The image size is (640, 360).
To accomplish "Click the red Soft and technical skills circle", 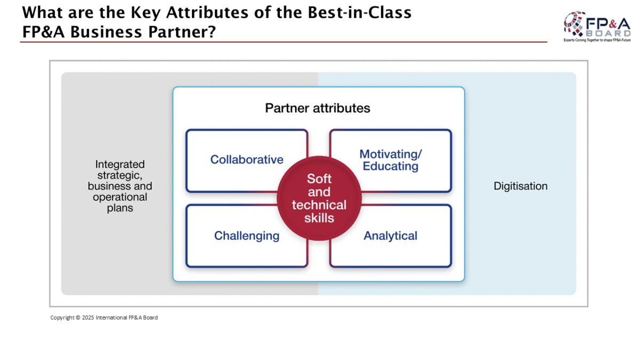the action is point(319,198).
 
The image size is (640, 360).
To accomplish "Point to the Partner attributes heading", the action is point(317,108).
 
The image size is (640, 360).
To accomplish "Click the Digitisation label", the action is point(521,186).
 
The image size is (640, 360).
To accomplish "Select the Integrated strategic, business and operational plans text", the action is point(119,186).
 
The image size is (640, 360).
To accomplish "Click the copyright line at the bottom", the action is point(104,317).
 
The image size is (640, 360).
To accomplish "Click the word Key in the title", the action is point(146,13).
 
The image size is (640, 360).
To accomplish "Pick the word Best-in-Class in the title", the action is point(359,12).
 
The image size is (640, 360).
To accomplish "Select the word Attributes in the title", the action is point(207,12).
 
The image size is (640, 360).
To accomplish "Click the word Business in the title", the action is point(106,31).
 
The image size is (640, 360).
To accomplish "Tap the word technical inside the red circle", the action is point(319,205).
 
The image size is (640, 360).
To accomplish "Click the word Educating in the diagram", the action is point(390,166).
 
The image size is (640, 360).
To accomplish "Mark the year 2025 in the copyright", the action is point(88,317).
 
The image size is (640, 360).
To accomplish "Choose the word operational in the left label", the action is point(119,197).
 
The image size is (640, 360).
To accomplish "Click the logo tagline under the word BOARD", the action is point(597,41).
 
